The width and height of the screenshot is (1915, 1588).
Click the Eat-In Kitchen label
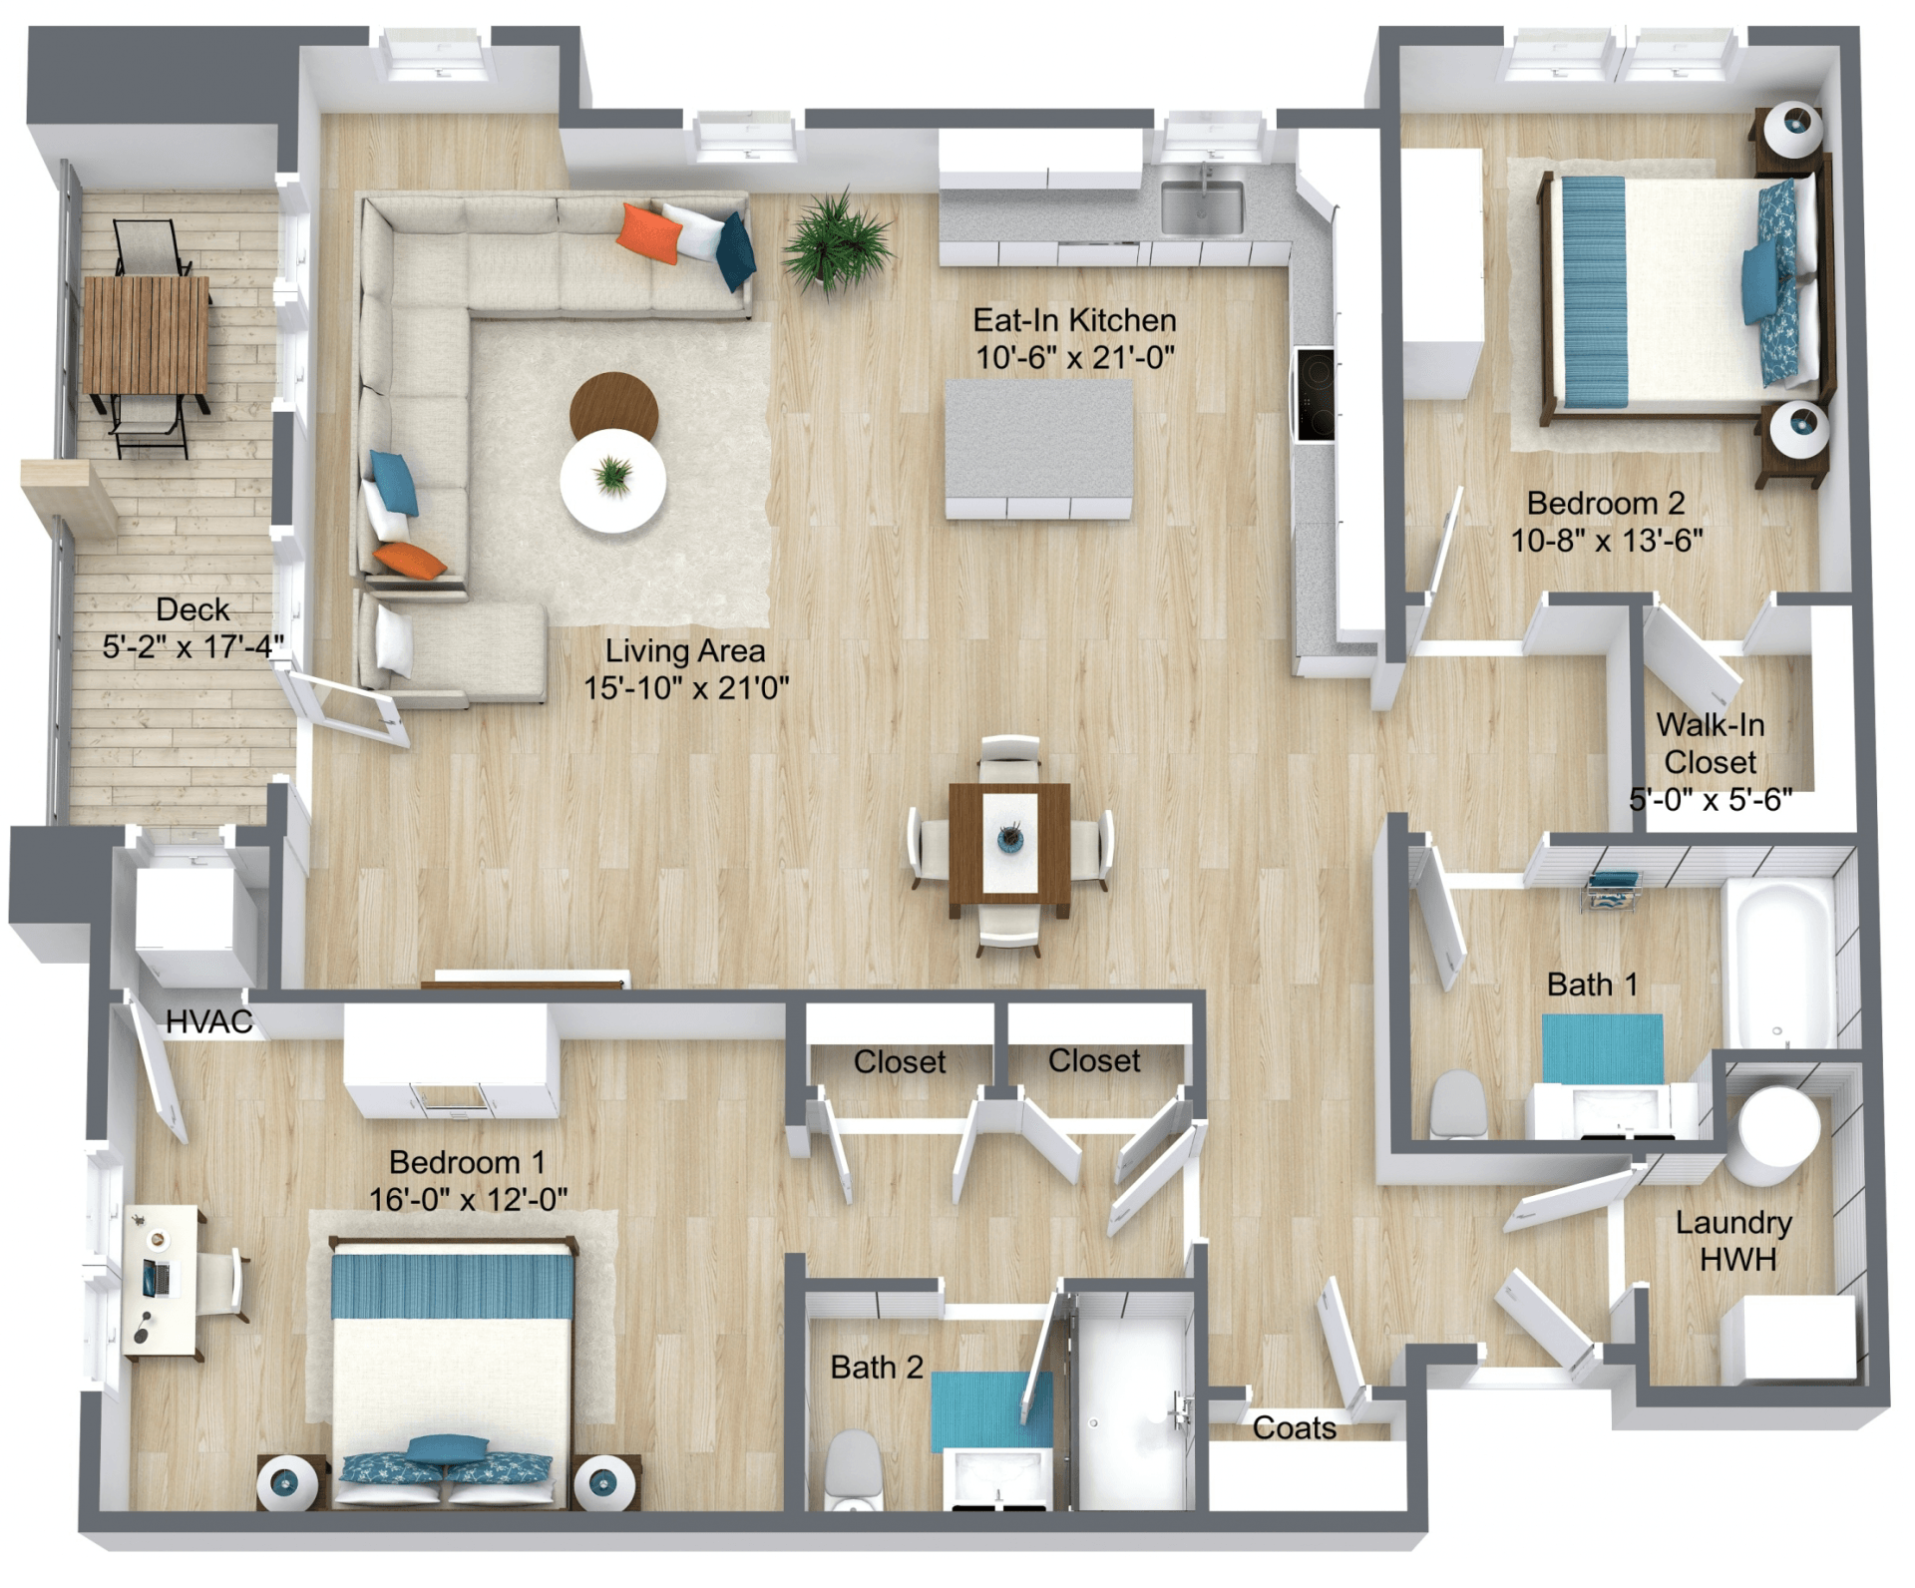tap(1074, 338)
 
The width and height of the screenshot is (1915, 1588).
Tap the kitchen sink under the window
tap(1202, 206)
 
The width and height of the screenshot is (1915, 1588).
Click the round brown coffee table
tap(613, 407)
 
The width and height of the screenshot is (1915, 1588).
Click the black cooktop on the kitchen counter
tap(1315, 393)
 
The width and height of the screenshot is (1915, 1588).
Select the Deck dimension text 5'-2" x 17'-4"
tap(193, 646)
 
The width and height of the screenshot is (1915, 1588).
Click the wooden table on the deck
tap(147, 335)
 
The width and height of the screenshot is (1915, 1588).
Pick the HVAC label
tap(208, 1021)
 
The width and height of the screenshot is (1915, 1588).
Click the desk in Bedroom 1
tap(162, 1280)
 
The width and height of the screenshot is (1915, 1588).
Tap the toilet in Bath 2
tap(854, 1470)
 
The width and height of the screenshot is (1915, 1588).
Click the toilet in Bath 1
tap(1458, 1104)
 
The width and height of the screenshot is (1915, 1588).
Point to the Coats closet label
tap(1294, 1428)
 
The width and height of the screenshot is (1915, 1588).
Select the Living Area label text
tap(685, 650)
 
